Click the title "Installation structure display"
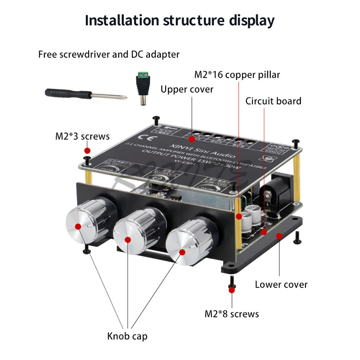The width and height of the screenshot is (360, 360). [180, 20]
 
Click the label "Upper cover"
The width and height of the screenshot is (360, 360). [187, 90]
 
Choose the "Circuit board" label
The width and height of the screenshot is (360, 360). [273, 101]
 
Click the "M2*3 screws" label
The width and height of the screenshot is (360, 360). [82, 136]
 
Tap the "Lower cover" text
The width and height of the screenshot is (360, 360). [281, 284]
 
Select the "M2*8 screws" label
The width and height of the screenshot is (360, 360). [232, 314]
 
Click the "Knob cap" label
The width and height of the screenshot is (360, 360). [127, 336]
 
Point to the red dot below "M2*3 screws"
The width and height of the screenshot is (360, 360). [88, 150]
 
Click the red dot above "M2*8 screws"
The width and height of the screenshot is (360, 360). [232, 291]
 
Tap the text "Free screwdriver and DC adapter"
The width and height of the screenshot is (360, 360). [109, 54]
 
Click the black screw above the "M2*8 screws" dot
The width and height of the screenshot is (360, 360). [232, 282]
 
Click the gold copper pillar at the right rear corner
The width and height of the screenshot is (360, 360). [295, 166]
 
